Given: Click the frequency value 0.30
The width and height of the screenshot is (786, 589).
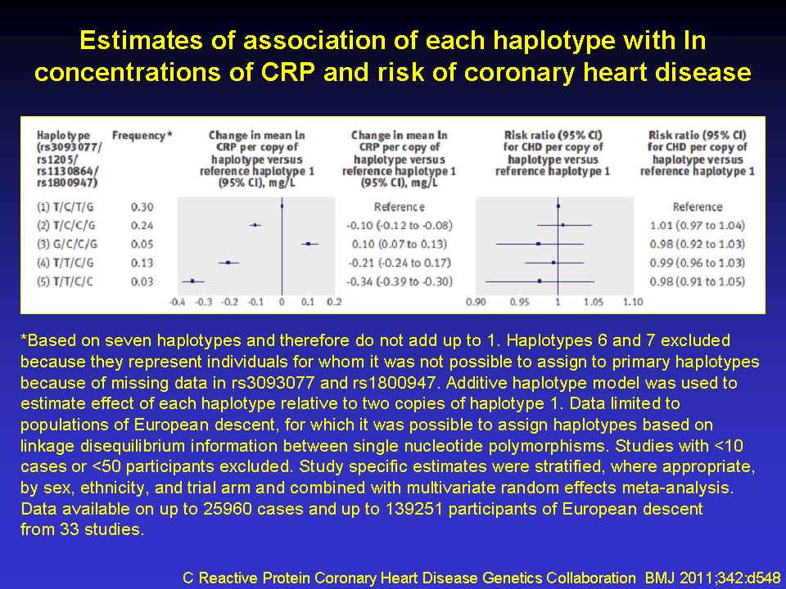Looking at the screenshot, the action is click(142, 207).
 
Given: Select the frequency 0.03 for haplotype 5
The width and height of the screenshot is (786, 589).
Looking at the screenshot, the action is click(142, 281).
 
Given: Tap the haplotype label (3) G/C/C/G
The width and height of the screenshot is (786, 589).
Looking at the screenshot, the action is click(67, 245).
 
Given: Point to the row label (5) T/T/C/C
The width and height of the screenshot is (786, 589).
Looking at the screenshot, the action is click(65, 281).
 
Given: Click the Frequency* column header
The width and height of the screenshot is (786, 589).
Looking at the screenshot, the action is click(142, 135).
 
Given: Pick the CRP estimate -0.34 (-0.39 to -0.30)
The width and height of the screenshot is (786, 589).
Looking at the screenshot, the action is click(400, 281).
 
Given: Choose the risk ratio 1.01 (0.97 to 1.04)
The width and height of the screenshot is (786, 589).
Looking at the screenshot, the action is click(698, 226).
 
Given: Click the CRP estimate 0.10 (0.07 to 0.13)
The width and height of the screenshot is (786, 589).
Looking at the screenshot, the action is click(400, 245).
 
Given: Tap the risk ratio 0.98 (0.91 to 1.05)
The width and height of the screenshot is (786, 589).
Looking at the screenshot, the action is click(698, 281).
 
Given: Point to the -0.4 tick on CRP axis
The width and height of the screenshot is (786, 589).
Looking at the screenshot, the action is click(178, 302).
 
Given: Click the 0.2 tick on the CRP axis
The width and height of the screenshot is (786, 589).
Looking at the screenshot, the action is click(334, 302).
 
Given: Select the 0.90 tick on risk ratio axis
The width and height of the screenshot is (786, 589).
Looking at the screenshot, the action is click(476, 302).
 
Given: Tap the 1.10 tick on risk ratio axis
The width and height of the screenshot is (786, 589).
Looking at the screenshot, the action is click(633, 302).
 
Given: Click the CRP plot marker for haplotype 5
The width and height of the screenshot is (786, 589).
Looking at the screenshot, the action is click(192, 281).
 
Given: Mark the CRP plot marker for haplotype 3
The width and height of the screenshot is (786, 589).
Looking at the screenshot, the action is click(309, 244).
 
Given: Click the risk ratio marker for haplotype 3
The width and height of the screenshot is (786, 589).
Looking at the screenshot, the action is click(539, 244).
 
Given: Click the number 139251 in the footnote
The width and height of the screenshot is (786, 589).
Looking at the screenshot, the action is click(413, 509).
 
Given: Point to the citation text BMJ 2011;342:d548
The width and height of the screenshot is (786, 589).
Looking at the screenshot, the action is click(712, 578).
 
